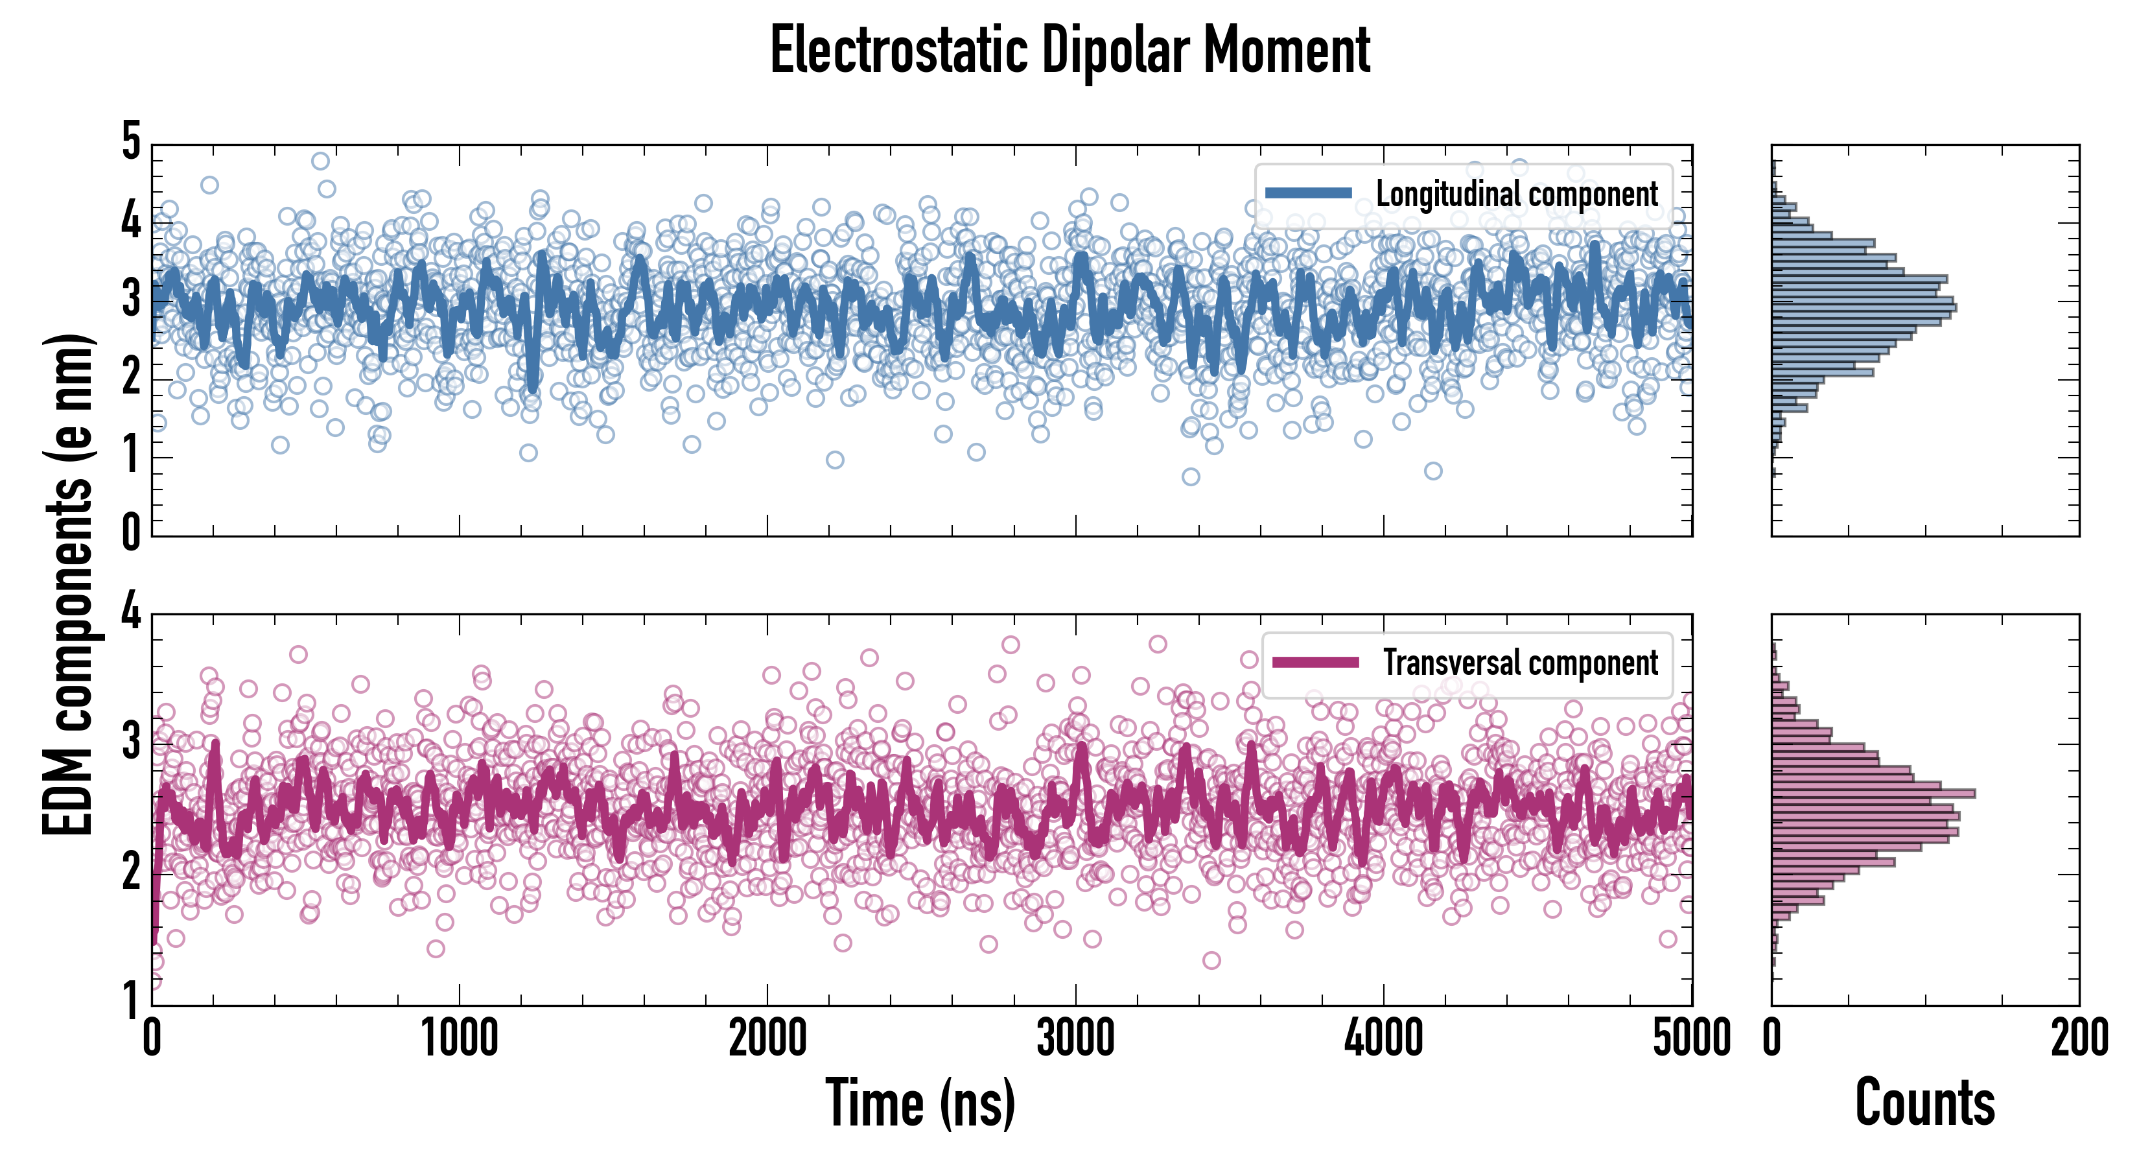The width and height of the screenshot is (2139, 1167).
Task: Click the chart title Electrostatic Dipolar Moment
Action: [x=1069, y=51]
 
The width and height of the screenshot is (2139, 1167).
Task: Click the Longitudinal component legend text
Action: [x=1516, y=194]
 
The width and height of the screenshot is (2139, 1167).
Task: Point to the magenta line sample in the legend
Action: [x=1315, y=663]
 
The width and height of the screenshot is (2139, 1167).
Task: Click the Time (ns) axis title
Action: [x=920, y=1102]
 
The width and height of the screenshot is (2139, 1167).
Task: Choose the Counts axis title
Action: [x=1924, y=1102]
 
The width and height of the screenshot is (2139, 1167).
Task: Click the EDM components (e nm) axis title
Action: [x=68, y=585]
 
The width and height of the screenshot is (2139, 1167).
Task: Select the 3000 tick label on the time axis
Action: [x=1075, y=1038]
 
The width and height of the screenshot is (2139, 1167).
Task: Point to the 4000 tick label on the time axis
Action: [x=1383, y=1038]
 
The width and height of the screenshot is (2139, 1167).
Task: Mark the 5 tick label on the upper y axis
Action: [x=131, y=141]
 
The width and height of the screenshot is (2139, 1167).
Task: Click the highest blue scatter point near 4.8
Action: [x=320, y=160]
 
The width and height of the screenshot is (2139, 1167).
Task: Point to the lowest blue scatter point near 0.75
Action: [x=1191, y=477]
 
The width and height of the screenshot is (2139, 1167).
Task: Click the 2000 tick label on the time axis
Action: [x=767, y=1038]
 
